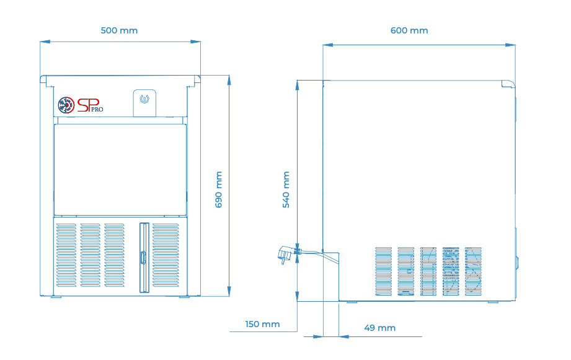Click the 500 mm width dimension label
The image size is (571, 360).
[119, 30]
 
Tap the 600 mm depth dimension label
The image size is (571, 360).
[409, 30]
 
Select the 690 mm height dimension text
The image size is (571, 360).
[218, 190]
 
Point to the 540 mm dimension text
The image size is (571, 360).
[286, 190]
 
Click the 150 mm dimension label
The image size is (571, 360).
[262, 324]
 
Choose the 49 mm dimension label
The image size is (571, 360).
[380, 328]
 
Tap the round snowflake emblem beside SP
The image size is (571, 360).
[66, 105]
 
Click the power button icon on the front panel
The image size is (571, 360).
[144, 99]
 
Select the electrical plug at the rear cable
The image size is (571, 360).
[285, 254]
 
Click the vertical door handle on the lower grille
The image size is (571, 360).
[143, 257]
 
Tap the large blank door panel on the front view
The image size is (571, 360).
[120, 170]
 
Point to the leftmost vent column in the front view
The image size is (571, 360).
[66, 255]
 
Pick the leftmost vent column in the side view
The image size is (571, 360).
[384, 271]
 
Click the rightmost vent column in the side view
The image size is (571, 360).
[474, 271]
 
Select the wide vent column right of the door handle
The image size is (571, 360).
[166, 255]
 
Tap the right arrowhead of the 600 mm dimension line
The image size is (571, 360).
[510, 45]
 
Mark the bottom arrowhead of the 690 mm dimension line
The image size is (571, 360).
[229, 291]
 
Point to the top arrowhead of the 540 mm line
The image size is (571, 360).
[297, 85]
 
